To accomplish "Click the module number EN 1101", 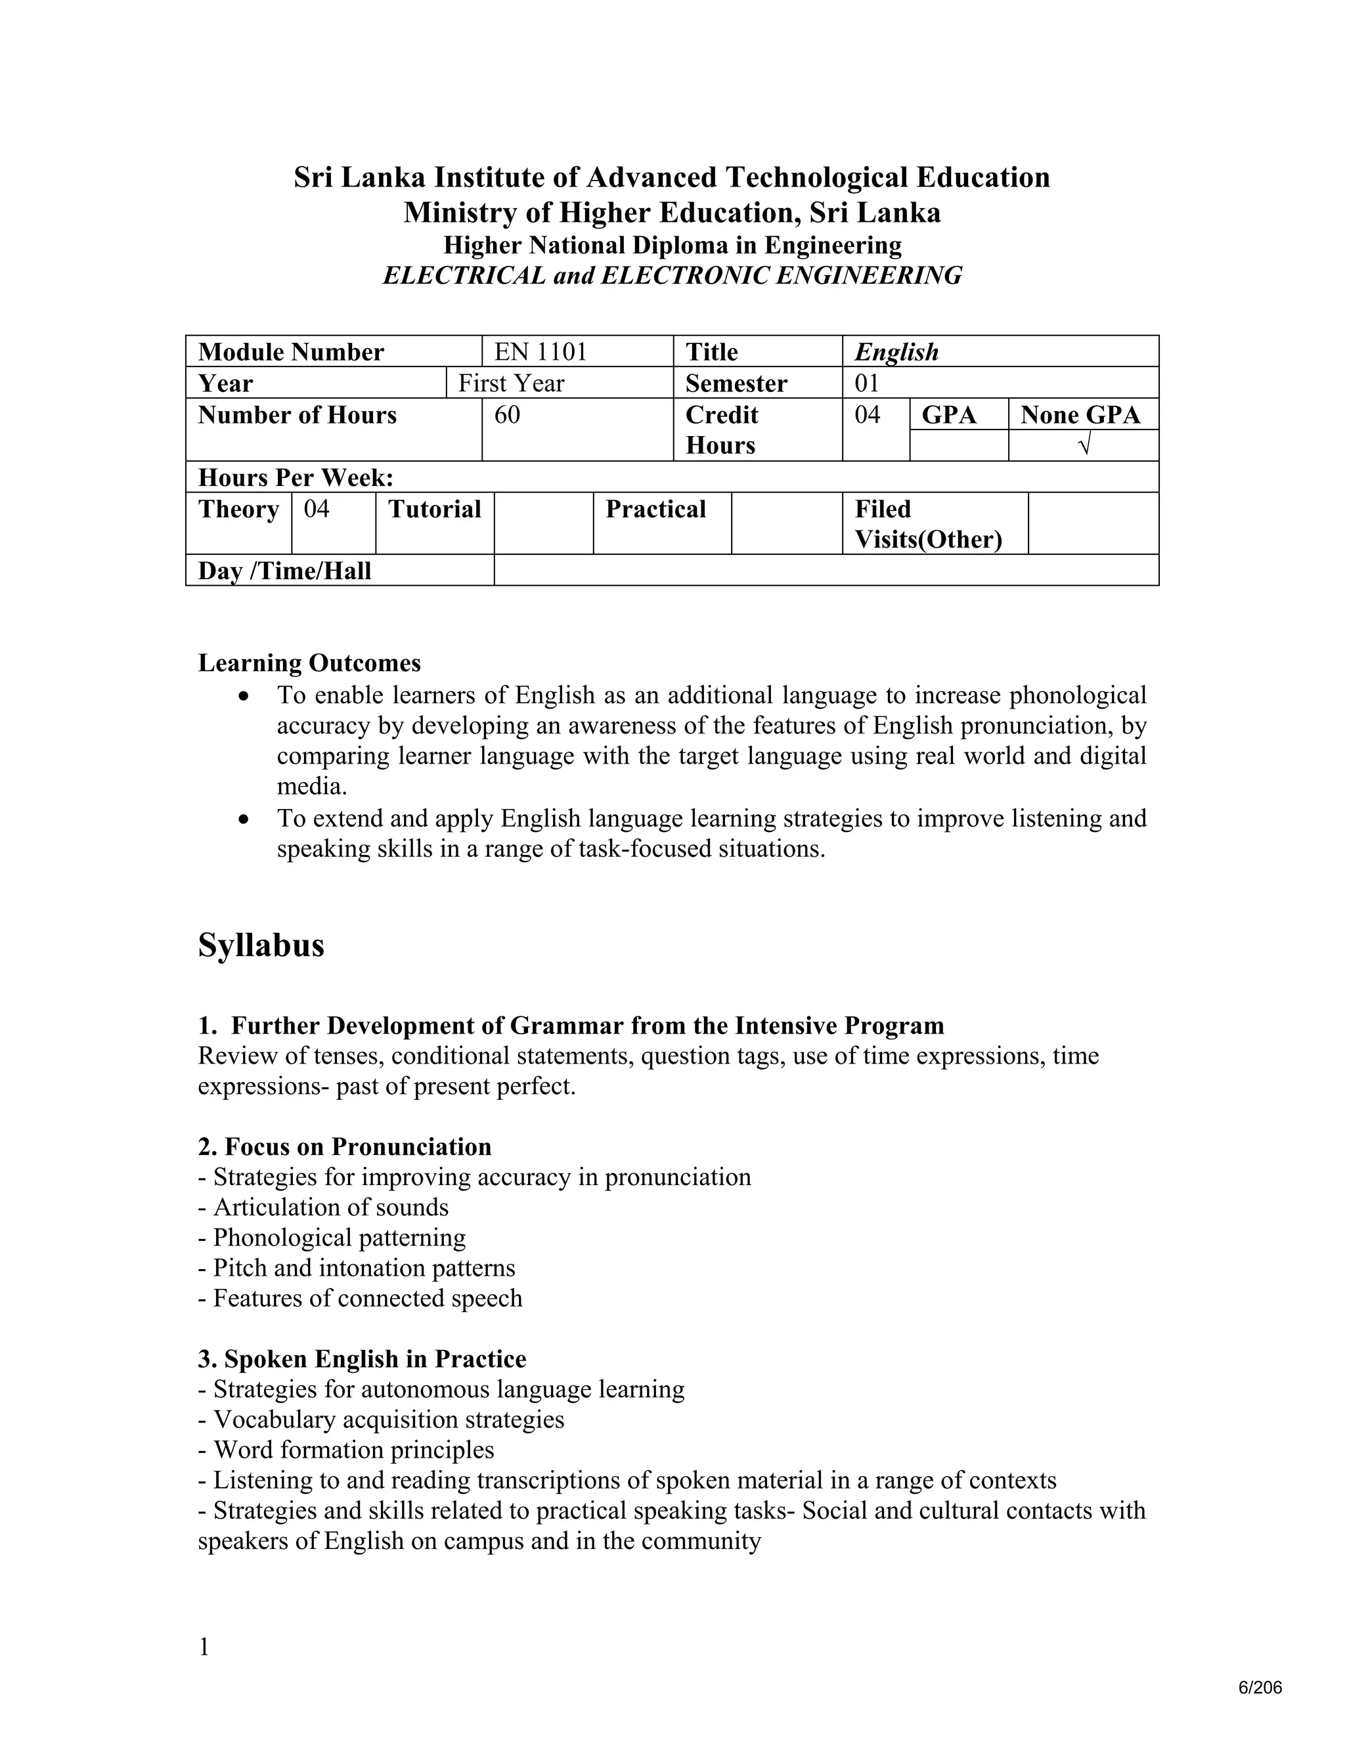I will (x=540, y=351).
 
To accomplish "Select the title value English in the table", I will (x=896, y=351).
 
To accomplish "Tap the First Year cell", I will (x=511, y=383).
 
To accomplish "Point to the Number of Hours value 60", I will (x=507, y=415).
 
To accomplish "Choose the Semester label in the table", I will (x=736, y=383).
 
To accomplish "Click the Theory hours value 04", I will (x=317, y=508).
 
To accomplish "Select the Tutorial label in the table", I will (x=434, y=508).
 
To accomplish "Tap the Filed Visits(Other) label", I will (x=927, y=523).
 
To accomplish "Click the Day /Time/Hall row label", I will (x=284, y=571).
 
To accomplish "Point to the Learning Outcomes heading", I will (x=309, y=663).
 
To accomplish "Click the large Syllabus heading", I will (x=261, y=946).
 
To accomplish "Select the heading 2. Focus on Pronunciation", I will (x=344, y=1146).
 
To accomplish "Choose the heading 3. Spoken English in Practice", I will (x=362, y=1359).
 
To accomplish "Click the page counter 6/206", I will (x=1260, y=1687).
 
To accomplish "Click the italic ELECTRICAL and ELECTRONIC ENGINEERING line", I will (x=672, y=276).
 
